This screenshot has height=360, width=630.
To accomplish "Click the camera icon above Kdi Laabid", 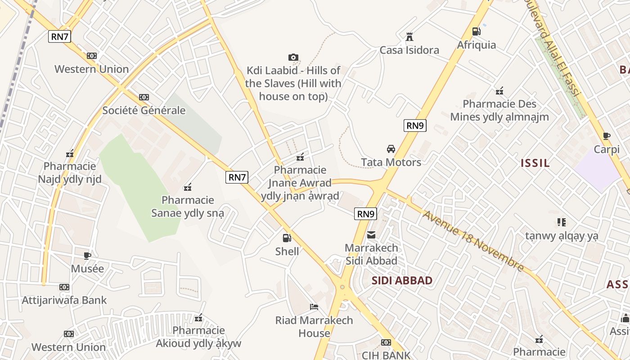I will pos(293,57).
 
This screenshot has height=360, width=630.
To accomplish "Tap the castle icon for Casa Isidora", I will pos(409,36).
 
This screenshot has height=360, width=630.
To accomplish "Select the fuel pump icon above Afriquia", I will pos(476,31).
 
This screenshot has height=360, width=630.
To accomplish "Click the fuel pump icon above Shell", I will pos(287,238).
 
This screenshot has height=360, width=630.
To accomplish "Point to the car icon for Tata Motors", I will pos(391,149).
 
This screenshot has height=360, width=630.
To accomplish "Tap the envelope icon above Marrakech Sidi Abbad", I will pos(371,234).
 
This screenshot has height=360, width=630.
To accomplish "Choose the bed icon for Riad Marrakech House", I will pos(314,307).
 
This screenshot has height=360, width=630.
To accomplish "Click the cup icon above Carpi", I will pos(606,136).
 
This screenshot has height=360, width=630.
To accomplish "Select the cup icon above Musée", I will pos(87,256).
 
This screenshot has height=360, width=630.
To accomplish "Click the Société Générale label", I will pos(144,110).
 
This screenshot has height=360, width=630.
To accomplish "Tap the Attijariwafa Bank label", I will pos(64,300).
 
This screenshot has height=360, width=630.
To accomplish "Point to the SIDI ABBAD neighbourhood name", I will pos(402,281).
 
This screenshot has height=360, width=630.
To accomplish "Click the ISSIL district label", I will pos(535,163).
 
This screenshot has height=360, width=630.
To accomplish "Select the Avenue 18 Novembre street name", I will pos(473,241).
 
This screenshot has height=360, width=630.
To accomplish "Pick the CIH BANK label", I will pos(386,355).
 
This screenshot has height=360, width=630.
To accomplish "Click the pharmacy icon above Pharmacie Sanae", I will pos(188,187).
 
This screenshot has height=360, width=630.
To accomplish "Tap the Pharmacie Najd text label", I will pos(70,173).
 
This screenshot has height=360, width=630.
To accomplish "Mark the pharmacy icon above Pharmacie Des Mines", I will pos(499,91).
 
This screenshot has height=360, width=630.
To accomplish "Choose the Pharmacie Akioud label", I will pos(198,337).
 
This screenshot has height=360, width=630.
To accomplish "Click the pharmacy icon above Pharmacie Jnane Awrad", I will pos(300,157).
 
